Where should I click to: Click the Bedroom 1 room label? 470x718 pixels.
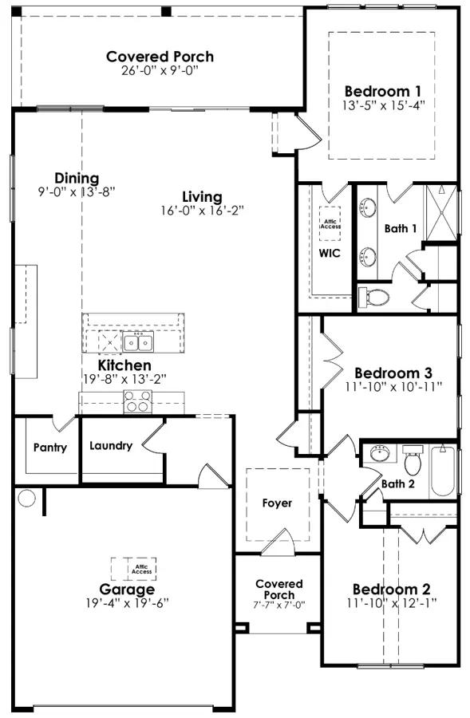point(383,90)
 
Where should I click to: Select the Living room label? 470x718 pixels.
point(202,196)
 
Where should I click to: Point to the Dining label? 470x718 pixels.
point(77,178)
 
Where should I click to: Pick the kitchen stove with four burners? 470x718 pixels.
point(136,401)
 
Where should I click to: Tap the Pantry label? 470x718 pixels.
point(49,448)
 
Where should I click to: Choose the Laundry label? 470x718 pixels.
point(111,446)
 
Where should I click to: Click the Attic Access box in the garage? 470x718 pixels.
point(134,569)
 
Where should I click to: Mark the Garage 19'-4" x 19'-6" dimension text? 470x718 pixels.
point(128,602)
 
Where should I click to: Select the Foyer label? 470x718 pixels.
point(277,503)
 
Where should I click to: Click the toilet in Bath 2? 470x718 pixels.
point(413,461)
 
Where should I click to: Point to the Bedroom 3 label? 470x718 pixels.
point(393,373)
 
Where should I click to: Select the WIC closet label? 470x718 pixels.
point(330,254)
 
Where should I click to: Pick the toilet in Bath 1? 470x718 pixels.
point(373,298)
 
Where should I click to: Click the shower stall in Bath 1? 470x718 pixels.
point(440,211)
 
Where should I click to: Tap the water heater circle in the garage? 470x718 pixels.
point(27,499)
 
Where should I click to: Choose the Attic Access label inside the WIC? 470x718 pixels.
point(330,224)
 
